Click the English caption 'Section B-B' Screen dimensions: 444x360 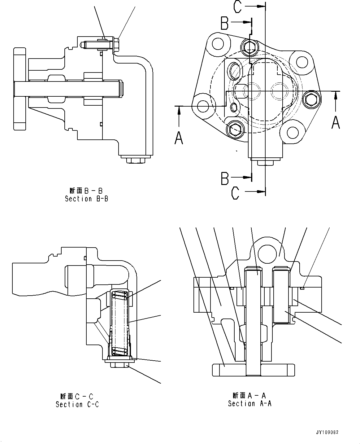pyautogui.click(x=86, y=199)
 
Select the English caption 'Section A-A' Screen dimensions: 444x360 pyautogui.click(x=250, y=403)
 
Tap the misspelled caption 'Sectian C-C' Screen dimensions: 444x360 pyautogui.click(x=77, y=404)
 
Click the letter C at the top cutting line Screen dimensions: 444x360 pyautogui.click(x=237, y=7)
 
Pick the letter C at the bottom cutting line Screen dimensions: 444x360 pyautogui.click(x=235, y=193)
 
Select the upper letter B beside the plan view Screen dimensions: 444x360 pyautogui.click(x=225, y=23)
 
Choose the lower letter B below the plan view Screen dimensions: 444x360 pyautogui.click(x=225, y=178)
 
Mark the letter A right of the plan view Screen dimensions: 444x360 pyautogui.click(x=336, y=122)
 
